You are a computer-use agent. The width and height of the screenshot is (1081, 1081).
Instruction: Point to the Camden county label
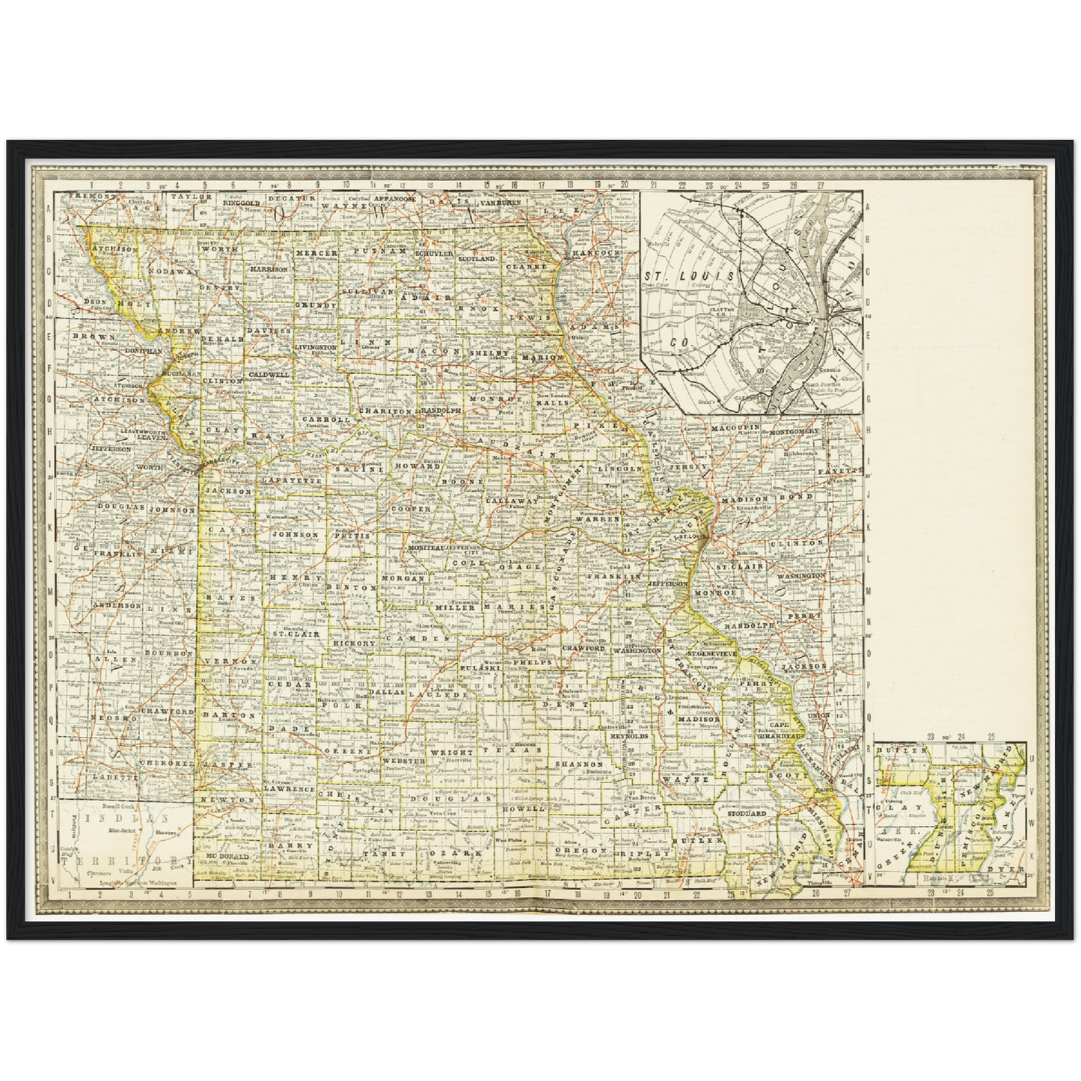pos(428,638)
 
